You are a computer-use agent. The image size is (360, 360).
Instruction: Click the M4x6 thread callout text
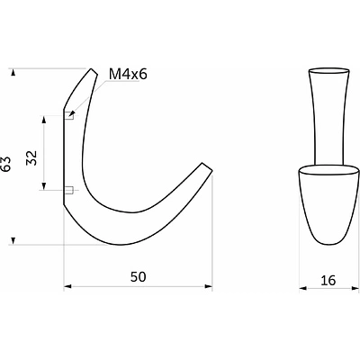[x=128, y=74]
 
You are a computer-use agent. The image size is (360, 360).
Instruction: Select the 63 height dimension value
[x=6, y=164]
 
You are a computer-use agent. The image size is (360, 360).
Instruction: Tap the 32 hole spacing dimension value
[x=31, y=157]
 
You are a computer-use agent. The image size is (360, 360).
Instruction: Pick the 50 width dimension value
[x=139, y=276]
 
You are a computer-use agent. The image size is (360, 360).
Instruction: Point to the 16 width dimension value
[x=328, y=281]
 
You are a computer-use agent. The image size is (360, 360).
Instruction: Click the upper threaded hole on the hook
[x=69, y=115]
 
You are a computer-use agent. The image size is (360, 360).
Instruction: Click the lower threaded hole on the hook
[x=69, y=190]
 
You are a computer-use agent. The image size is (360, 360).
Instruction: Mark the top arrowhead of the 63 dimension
[x=13, y=73]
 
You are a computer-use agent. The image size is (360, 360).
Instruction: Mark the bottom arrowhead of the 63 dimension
[x=13, y=240]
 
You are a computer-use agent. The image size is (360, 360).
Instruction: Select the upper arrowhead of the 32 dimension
[x=44, y=120]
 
